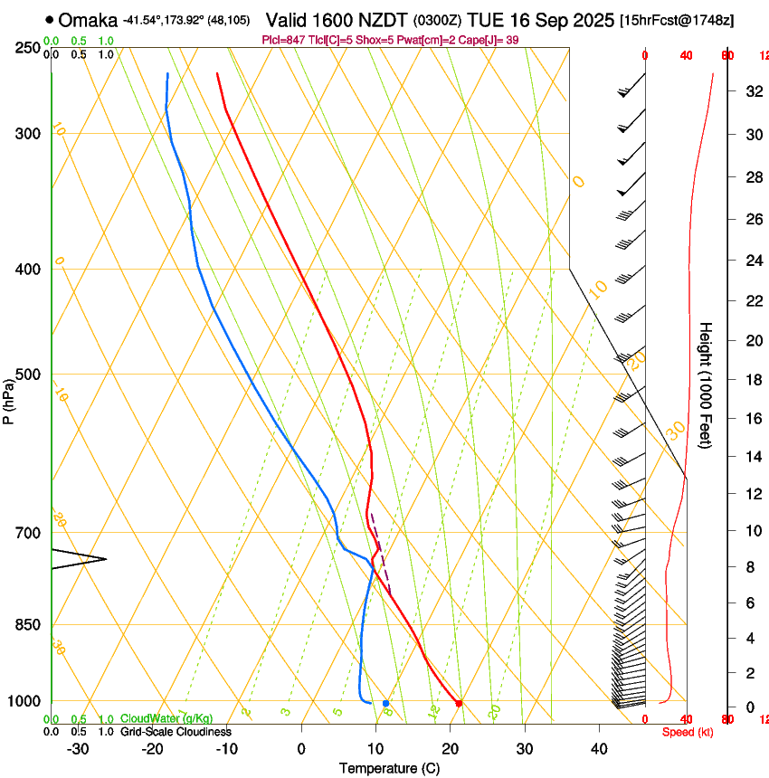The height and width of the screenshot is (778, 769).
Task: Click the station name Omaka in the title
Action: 88,19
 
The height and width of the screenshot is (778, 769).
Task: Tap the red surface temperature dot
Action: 459,703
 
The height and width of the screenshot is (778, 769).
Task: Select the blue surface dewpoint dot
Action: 385,703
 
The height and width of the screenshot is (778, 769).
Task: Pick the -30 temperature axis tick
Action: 78,749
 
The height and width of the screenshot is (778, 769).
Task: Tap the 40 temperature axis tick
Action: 599,749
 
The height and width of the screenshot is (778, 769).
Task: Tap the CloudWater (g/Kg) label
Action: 166,719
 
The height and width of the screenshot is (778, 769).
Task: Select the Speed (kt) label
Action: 688,732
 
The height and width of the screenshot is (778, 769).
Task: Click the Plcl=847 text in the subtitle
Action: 281,41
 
